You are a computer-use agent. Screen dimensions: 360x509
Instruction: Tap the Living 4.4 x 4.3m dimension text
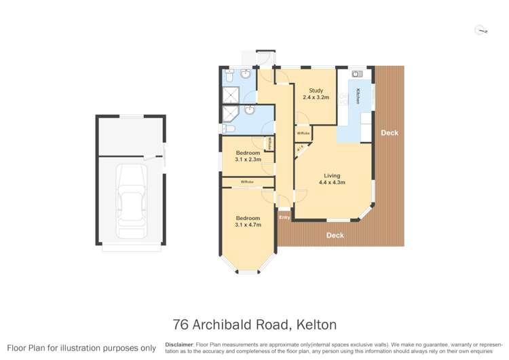tap(334, 183)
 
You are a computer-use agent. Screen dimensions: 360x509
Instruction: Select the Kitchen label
tap(358, 96)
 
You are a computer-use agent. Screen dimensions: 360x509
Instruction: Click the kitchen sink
tap(357, 73)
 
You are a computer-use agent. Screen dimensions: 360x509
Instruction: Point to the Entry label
tap(284, 217)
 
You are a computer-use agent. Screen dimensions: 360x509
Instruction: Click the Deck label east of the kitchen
tap(389, 133)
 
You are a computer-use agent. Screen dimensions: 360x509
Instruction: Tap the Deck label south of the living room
tap(335, 236)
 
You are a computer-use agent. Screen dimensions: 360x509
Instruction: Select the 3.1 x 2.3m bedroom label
tap(248, 160)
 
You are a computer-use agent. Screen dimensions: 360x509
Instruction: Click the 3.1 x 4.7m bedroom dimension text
tap(248, 224)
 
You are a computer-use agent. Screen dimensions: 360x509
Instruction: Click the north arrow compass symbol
tap(481, 30)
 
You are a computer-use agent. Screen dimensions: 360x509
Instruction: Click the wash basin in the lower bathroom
tap(250, 109)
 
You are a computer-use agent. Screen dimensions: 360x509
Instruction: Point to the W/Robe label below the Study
tap(303, 133)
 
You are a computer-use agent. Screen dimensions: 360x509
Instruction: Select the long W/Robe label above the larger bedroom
tap(247, 182)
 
